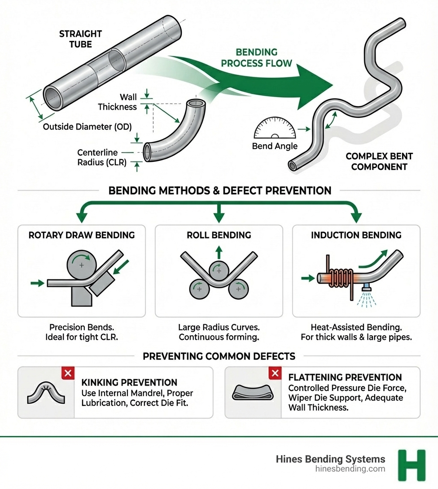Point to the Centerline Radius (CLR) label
pos(101,157)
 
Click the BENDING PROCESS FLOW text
pos(256,58)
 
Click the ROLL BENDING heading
pos(219,235)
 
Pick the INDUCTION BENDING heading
pos(356,235)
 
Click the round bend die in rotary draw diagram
pos(81,266)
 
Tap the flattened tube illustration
pos(253,392)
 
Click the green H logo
pos(411,465)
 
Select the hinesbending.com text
pos(350,469)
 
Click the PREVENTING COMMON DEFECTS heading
pos(219,356)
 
